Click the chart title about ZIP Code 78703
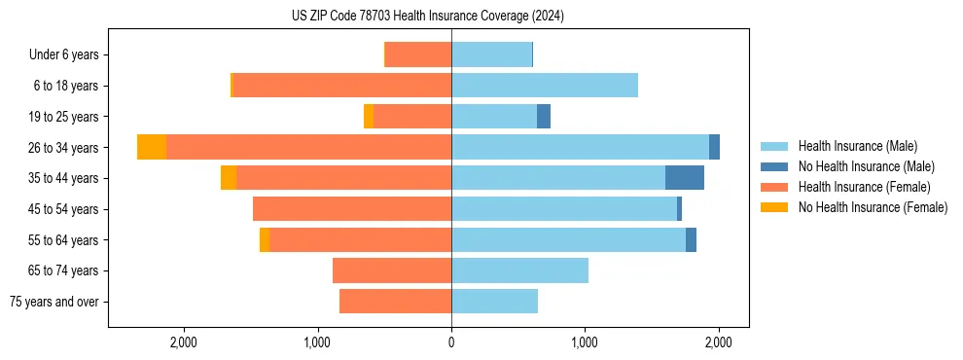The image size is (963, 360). [427, 17]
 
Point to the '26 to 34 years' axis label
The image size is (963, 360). [63, 148]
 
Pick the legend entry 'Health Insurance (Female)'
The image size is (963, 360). [864, 187]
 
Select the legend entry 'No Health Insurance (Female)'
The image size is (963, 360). [873, 207]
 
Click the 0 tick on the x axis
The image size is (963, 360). [451, 342]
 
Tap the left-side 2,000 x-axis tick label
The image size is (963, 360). [184, 342]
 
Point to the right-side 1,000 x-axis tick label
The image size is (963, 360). [585, 342]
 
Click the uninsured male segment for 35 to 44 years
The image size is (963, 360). [685, 178]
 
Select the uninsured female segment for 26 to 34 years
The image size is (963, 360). [152, 147]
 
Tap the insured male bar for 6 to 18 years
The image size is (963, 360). [545, 86]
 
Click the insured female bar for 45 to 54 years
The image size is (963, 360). [352, 209]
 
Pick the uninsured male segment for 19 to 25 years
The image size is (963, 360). [544, 117]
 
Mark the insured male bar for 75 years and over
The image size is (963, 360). [494, 302]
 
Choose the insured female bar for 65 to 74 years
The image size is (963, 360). [392, 270]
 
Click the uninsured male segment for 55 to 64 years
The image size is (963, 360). [691, 240]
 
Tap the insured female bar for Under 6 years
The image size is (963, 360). [418, 54]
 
